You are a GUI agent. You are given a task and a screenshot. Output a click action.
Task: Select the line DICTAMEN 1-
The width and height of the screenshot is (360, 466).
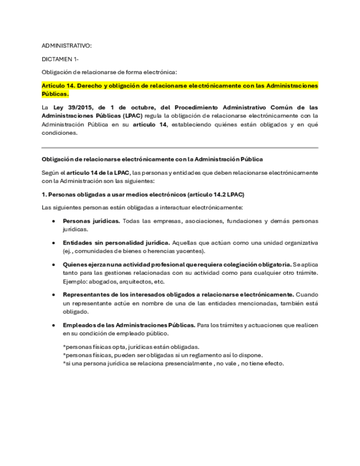60,58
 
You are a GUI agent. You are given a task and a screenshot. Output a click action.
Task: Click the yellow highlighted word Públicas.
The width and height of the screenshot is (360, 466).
55,94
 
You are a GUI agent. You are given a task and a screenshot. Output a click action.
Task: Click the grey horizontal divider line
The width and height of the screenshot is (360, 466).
180,148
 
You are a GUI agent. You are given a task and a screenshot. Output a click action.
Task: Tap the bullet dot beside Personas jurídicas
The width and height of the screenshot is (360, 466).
53,221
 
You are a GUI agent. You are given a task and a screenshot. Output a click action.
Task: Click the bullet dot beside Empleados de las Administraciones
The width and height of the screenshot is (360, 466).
53,325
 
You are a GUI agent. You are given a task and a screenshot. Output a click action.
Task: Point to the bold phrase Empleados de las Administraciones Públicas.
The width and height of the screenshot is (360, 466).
129,325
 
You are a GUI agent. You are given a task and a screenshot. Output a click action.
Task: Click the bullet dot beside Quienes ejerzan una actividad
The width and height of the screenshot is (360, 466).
53,264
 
